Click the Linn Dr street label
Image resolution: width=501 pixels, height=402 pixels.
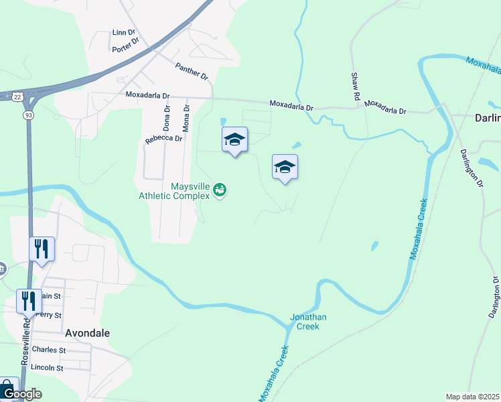pyautogui.click(x=124, y=32)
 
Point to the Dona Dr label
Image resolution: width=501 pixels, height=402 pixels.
pyautogui.click(x=167, y=117)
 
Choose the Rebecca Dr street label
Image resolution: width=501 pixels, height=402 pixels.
pyautogui.click(x=164, y=139)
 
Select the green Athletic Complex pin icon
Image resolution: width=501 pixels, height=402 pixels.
pyautogui.click(x=220, y=191)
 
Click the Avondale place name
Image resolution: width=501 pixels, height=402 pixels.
pyautogui.click(x=87, y=332)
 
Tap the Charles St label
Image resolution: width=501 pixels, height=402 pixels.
pyautogui.click(x=49, y=350)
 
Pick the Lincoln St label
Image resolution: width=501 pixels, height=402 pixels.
pyautogui.click(x=47, y=368)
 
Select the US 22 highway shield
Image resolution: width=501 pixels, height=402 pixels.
pyautogui.click(x=16, y=96)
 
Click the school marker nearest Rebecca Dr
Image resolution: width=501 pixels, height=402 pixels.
pyautogui.click(x=234, y=140)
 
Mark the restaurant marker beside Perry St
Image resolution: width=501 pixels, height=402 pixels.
pyautogui.click(x=29, y=301)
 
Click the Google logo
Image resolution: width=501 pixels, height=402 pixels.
pyautogui.click(x=21, y=394)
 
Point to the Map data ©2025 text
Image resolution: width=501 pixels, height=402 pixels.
pyautogui.click(x=472, y=397)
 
